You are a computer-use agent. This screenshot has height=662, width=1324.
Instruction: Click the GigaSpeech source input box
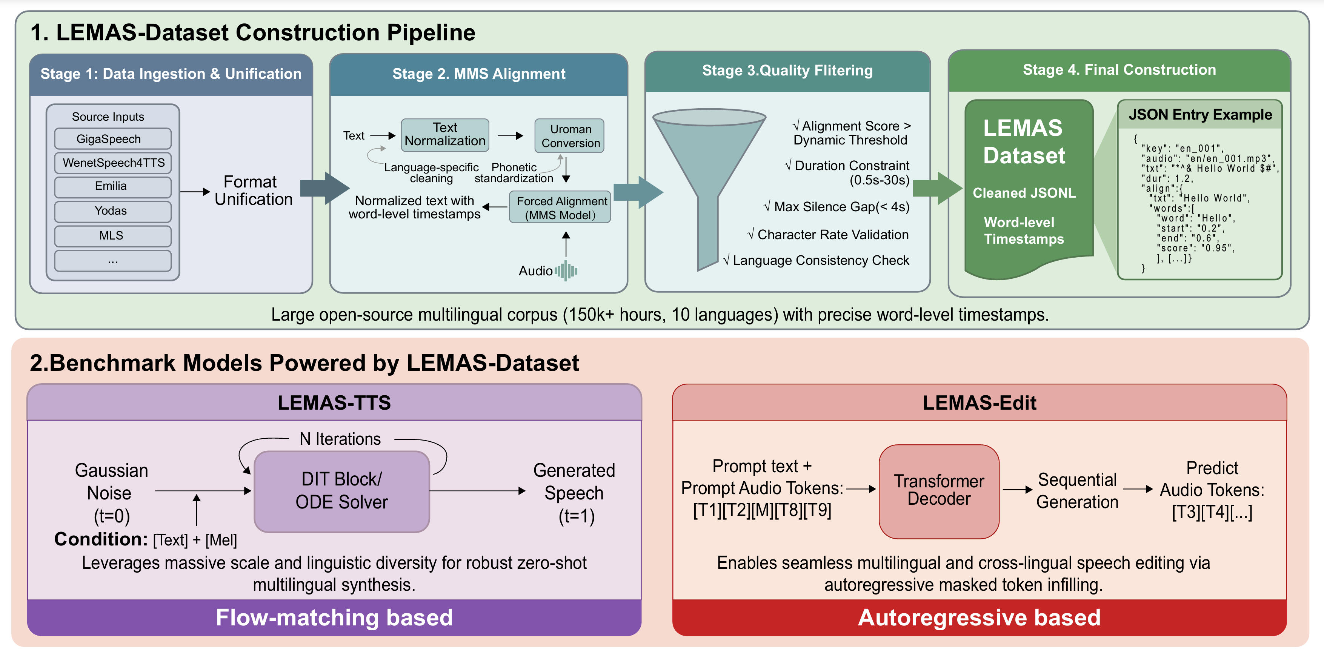click(112, 139)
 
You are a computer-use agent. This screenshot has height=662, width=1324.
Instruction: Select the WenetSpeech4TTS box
click(112, 163)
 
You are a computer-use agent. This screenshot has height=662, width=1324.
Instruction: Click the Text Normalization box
click(444, 135)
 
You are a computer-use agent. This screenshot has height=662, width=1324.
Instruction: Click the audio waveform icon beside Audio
click(566, 270)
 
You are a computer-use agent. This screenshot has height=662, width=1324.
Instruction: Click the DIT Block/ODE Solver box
click(342, 491)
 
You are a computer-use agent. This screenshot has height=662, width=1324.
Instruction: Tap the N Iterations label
click(340, 439)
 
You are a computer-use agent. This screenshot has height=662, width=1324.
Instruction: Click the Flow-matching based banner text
click(334, 617)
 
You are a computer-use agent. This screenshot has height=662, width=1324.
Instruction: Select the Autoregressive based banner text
click(979, 617)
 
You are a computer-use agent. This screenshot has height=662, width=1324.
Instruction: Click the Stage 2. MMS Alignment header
click(478, 74)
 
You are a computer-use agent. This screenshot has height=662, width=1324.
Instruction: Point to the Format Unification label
click(253, 190)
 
